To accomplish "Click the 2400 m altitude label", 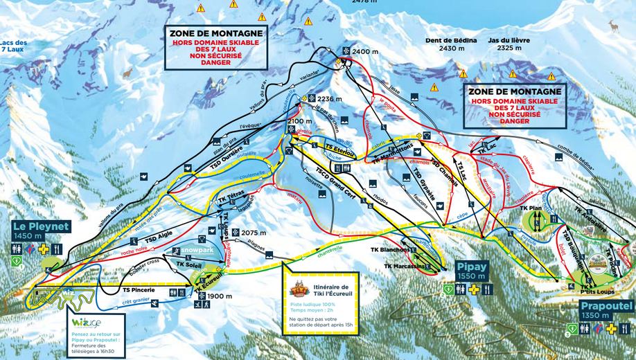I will tap(365, 52).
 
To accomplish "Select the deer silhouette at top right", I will tap(612, 26).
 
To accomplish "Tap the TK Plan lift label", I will tap(531, 208).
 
